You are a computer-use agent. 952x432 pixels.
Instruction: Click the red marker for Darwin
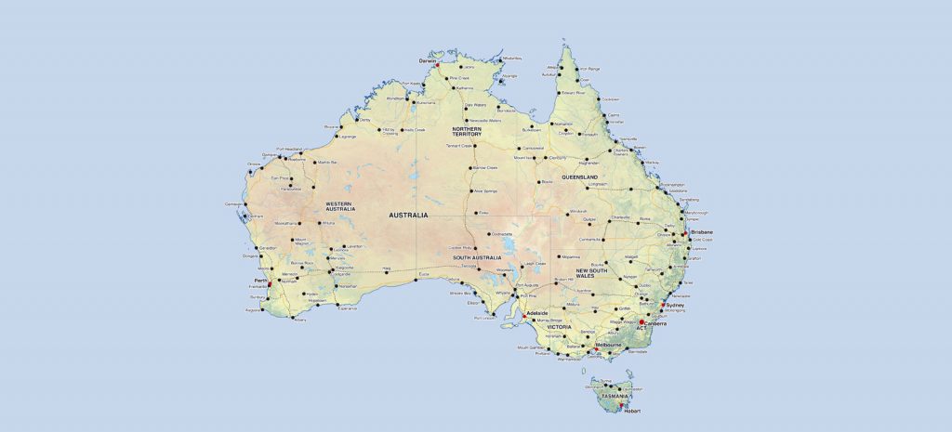pyautogui.click(x=437, y=65)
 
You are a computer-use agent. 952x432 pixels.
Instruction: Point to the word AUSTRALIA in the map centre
pyautogui.click(x=408, y=215)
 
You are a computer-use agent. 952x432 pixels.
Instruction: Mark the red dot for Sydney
pyautogui.click(x=662, y=305)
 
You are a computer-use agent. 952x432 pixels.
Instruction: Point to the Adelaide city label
pyautogui.click(x=538, y=314)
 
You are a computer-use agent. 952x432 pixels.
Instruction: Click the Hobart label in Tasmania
pyautogui.click(x=632, y=411)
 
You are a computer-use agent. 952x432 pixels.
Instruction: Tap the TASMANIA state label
pyautogui.click(x=615, y=397)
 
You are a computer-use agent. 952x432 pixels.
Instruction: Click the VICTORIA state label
pyautogui.click(x=560, y=327)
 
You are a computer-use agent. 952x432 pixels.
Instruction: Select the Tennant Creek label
pyautogui.click(x=461, y=146)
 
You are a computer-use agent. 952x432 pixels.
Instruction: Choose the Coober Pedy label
pyautogui.click(x=461, y=247)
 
